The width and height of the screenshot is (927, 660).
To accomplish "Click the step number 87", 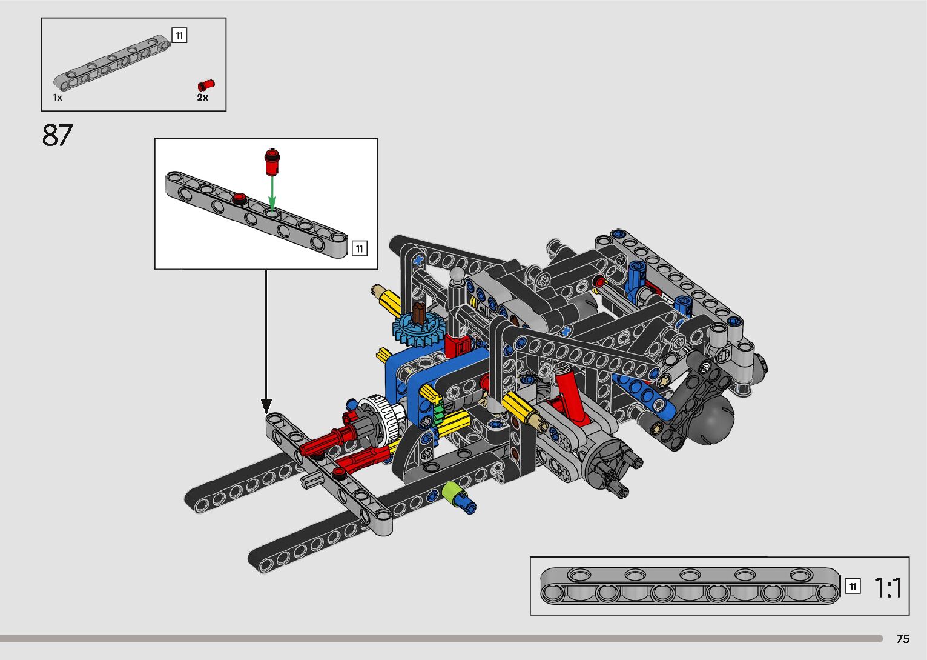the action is point(58,135).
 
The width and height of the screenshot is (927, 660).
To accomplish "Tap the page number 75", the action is point(903,639).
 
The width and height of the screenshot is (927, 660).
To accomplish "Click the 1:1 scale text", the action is point(888,587).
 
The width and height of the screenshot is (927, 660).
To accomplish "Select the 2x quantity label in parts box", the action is point(202,98).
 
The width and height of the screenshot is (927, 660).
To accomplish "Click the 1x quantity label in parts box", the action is point(58,98).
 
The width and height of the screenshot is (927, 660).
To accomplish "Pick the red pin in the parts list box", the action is point(206,85).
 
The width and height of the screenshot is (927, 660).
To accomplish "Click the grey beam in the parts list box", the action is point(112,62).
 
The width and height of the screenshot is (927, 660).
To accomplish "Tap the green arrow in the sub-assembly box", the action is point(272,194).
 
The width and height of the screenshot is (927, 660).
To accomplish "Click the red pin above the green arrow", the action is point(272,162).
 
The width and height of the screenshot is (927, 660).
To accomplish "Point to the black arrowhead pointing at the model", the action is point(266,405).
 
